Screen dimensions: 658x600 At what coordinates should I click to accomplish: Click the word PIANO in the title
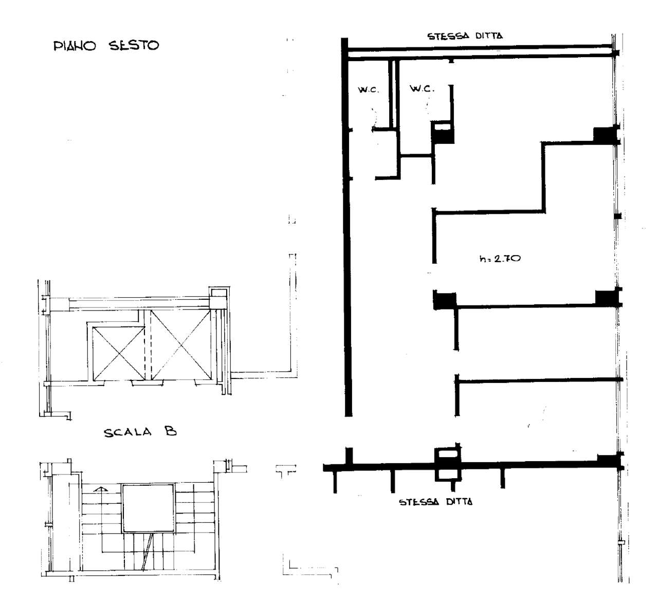(75, 46)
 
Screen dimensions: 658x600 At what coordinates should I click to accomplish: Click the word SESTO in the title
(134, 45)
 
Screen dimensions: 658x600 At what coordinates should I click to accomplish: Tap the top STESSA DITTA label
(465, 36)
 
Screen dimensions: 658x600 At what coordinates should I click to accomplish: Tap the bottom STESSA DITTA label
(435, 502)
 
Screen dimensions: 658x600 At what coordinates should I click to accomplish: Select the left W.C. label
(368, 89)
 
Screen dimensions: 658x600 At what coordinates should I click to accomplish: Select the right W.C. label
(422, 88)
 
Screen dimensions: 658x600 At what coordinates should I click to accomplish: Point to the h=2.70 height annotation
(500, 258)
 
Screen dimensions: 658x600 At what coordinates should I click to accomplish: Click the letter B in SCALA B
(171, 430)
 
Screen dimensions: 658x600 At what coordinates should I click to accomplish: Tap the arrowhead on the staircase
(101, 489)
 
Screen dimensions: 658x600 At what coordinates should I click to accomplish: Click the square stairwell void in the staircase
(148, 508)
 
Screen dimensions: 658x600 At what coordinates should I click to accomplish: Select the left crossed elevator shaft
(118, 353)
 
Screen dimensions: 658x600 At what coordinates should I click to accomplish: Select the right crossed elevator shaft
(180, 344)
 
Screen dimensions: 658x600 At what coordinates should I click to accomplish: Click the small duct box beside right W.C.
(443, 133)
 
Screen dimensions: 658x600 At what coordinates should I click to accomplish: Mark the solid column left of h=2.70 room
(445, 300)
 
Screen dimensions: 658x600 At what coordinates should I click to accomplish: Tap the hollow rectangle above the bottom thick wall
(448, 454)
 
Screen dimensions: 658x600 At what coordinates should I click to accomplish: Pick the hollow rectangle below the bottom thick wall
(448, 475)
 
